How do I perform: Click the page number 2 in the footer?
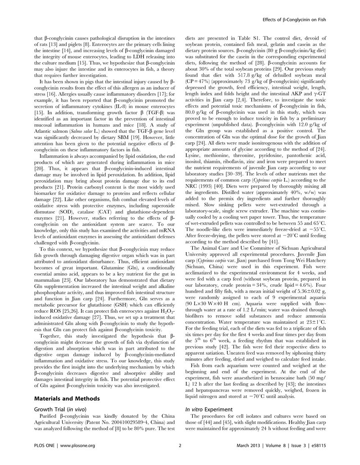coord(180,458)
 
